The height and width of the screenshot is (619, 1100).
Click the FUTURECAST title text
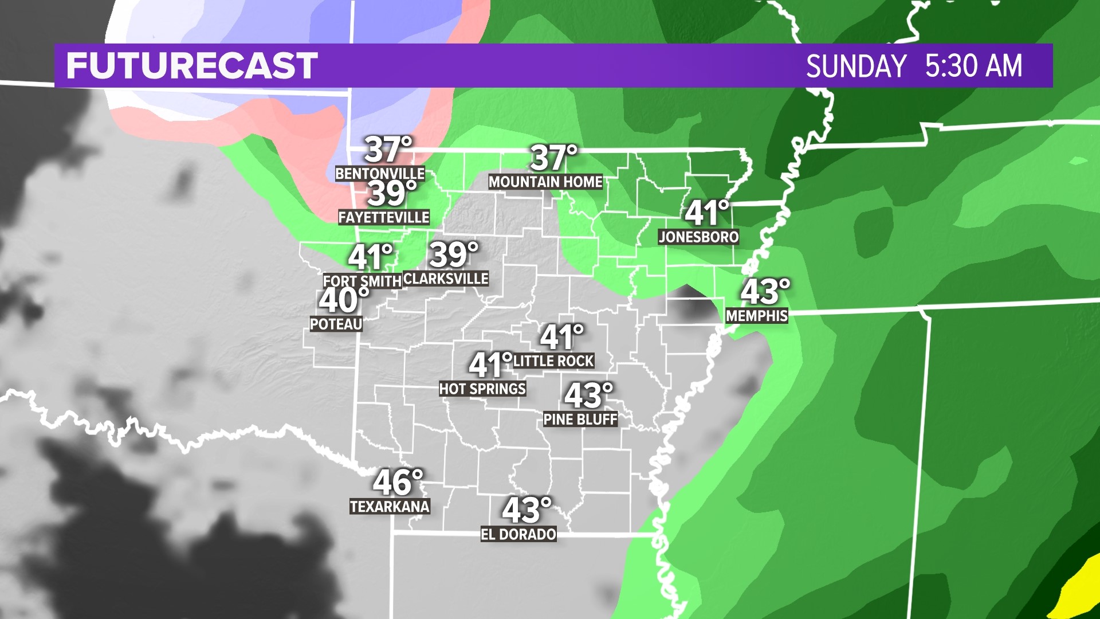[x=192, y=65]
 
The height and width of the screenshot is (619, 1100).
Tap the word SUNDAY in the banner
[x=856, y=66]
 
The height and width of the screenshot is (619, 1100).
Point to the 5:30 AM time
[x=973, y=66]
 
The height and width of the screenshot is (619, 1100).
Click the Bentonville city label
[x=380, y=173]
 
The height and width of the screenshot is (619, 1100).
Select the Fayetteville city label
[x=383, y=217]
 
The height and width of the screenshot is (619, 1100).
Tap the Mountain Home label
[x=545, y=182]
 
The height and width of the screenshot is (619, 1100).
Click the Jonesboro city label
[x=698, y=237]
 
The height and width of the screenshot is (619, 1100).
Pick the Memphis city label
[x=757, y=315]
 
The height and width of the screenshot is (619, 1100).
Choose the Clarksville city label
[x=446, y=279]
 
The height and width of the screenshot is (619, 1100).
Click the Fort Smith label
[x=362, y=281]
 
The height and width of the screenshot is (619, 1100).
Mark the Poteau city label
[x=336, y=324]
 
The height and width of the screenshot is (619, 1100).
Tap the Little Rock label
[x=553, y=361]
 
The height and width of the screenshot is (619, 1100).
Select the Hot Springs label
[x=482, y=389]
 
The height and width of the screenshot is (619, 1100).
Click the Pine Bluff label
[x=580, y=419]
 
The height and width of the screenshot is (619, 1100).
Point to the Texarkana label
[x=390, y=506]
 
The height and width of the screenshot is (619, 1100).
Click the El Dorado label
[x=518, y=534]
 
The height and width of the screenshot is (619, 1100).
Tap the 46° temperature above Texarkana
[x=398, y=482]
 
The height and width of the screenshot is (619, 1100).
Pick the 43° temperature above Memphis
[x=765, y=292]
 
